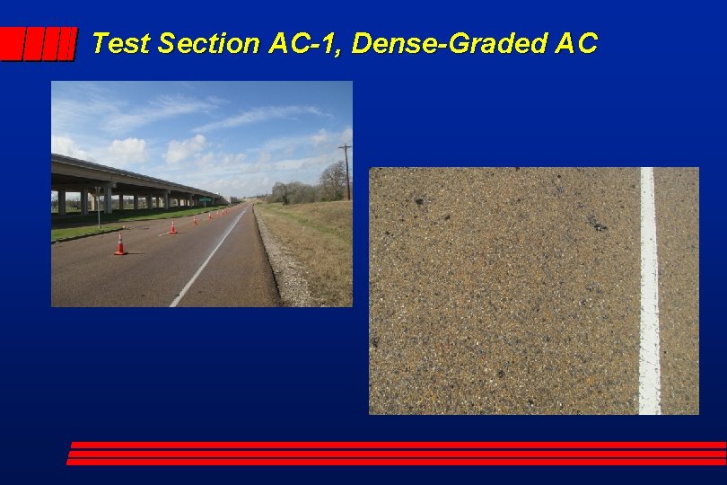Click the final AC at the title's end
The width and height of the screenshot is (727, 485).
(575, 43)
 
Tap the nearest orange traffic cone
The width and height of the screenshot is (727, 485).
(120, 244)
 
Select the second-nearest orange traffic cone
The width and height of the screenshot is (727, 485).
(172, 226)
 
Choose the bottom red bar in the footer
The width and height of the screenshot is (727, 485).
(395, 462)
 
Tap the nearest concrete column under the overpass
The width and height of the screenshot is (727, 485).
(61, 201)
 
